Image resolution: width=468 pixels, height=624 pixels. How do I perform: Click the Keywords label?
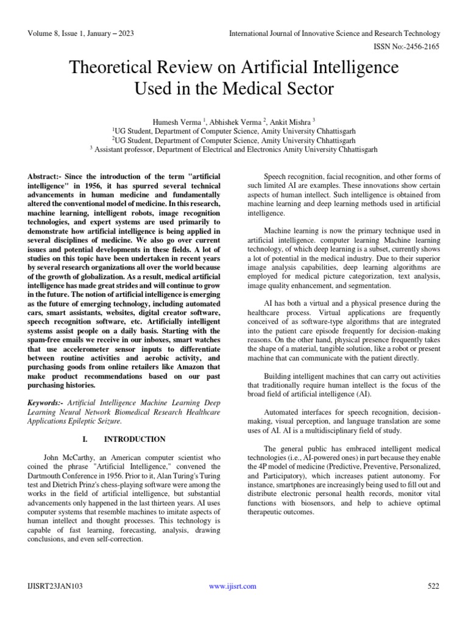[48, 403]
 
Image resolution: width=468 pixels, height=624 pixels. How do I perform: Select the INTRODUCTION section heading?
[135, 439]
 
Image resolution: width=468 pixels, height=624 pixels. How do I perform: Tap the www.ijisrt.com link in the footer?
[232, 586]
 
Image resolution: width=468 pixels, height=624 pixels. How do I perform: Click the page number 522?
[434, 586]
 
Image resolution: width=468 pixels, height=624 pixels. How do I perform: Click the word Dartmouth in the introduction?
[48, 476]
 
